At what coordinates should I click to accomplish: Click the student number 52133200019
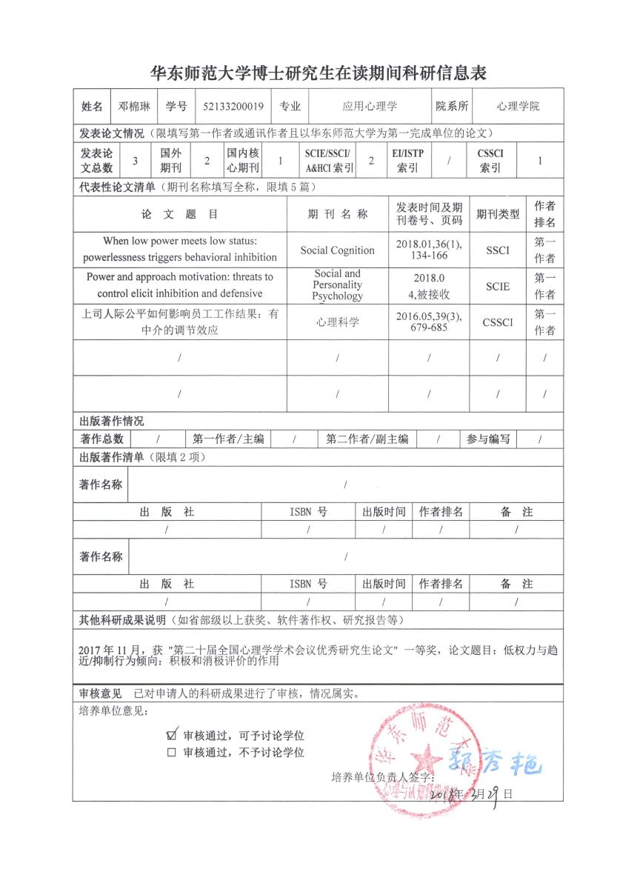pos(233,106)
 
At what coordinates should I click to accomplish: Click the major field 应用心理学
pos(370,106)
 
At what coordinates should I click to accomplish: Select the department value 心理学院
pos(518,106)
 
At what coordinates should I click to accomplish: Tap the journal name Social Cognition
pos(337,250)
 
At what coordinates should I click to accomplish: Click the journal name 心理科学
pos(337,322)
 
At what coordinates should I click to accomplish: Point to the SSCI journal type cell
pos(498,250)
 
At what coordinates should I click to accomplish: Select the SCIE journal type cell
pos(498,286)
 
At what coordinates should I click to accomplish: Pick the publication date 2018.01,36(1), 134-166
pos(429,250)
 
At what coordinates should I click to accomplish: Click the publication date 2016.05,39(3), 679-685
pos(429,322)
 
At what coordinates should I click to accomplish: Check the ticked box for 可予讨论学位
pos(172,735)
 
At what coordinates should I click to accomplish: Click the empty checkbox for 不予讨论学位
pos(172,753)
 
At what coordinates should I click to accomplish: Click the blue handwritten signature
pos(493,762)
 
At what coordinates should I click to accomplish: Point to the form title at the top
pos(318,73)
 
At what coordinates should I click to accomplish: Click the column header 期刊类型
pos(498,214)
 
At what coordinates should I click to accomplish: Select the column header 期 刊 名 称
pos(337,214)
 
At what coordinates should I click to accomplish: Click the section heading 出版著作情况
pos(112,421)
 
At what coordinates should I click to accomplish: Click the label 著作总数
pos(101,439)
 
